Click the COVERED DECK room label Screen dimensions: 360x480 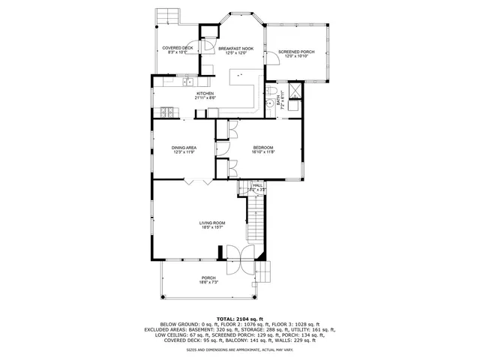point(178,48)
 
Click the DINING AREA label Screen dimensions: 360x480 point(184,148)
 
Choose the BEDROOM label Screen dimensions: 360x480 point(263,147)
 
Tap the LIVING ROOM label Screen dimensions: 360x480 point(212,223)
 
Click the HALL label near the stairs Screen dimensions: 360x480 point(257,184)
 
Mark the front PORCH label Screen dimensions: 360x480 point(208,277)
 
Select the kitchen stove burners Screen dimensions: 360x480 point(167,112)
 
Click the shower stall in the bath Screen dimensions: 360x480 point(295,91)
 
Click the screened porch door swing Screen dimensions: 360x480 point(274,73)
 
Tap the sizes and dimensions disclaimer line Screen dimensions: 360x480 point(240,349)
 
